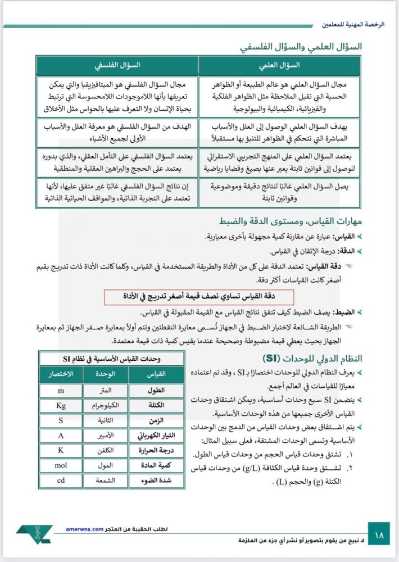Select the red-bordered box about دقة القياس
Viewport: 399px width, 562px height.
pyautogui.click(x=200, y=296)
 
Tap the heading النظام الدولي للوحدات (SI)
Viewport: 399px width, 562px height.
pyautogui.click(x=311, y=359)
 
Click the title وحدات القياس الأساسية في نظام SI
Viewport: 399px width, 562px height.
pyautogui.click(x=112, y=359)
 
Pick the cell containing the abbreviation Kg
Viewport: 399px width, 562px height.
pyautogui.click(x=61, y=405)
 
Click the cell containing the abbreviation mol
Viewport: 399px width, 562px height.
pyautogui.click(x=61, y=465)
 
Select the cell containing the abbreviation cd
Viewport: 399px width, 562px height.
pyautogui.click(x=61, y=481)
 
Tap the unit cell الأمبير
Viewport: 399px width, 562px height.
pyautogui.click(x=105, y=435)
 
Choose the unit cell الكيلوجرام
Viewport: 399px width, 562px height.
pyautogui.click(x=105, y=405)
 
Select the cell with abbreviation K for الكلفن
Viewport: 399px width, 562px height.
pyautogui.click(x=61, y=450)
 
